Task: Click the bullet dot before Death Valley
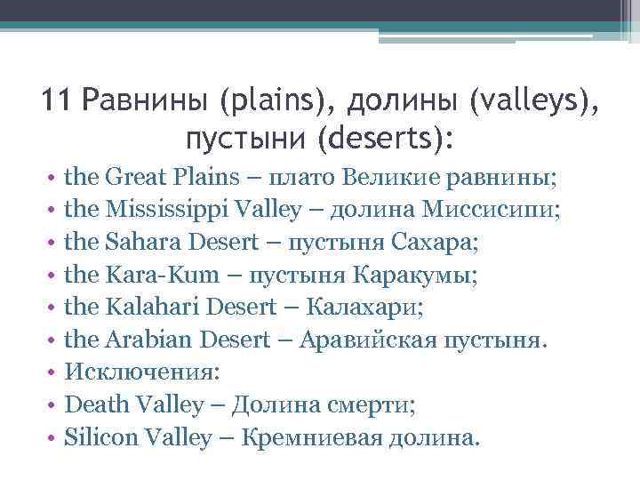click(54, 406)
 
